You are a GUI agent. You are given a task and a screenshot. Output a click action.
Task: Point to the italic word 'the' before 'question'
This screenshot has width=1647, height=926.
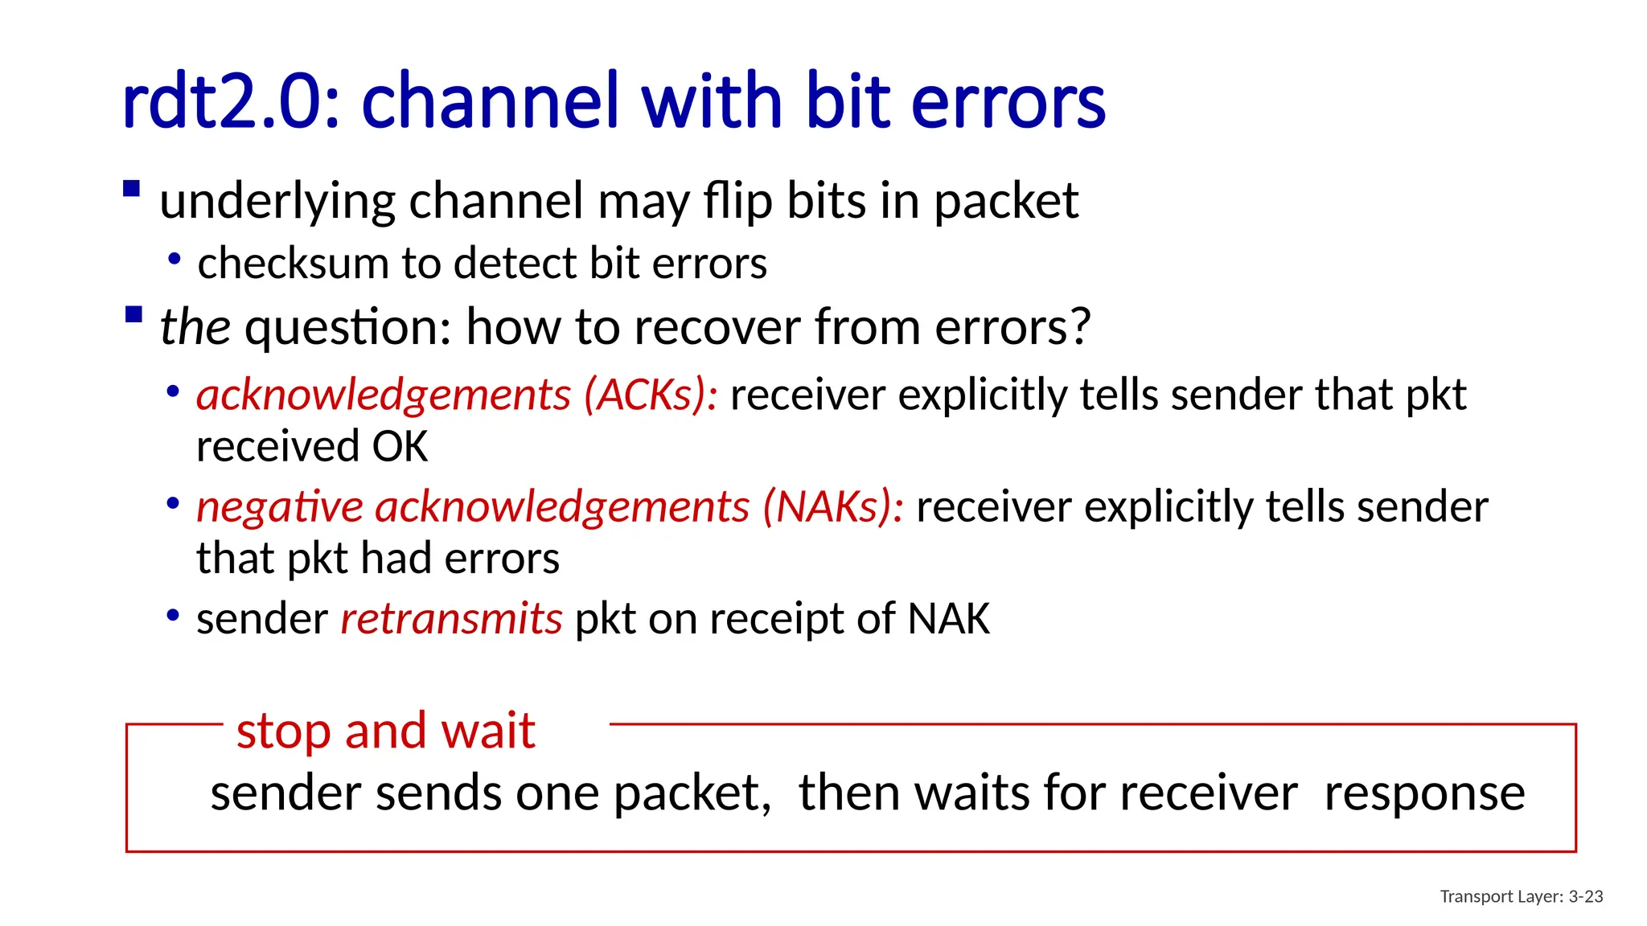pos(195,327)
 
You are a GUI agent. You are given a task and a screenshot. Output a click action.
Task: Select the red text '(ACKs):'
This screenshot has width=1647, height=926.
pos(651,395)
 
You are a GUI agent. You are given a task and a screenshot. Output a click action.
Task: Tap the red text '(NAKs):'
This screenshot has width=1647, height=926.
pos(833,507)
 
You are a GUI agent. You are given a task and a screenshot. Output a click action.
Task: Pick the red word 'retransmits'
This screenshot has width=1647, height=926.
pos(451,619)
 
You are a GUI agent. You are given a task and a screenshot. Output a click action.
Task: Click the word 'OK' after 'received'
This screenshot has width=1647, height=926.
pos(400,447)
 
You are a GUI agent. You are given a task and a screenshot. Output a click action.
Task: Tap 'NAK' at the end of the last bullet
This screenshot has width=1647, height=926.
pos(948,619)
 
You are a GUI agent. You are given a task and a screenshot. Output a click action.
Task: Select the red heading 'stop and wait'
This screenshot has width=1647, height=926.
pos(386,731)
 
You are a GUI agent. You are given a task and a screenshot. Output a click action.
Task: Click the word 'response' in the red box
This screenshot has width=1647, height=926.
pos(1424,793)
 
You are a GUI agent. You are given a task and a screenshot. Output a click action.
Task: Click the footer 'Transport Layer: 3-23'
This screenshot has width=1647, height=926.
pos(1521,896)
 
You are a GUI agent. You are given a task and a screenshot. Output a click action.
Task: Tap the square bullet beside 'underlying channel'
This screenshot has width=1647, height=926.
pos(132,190)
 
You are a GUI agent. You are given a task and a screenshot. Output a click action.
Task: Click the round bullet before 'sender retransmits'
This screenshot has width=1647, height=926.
pos(172,616)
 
